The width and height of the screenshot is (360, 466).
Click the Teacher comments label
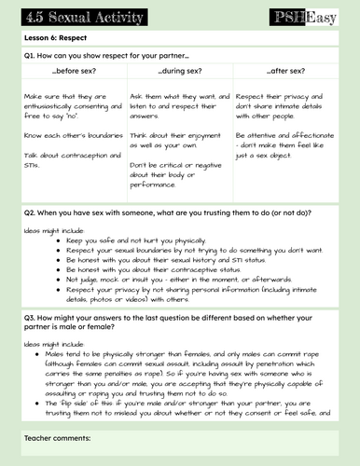pos(56,436)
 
